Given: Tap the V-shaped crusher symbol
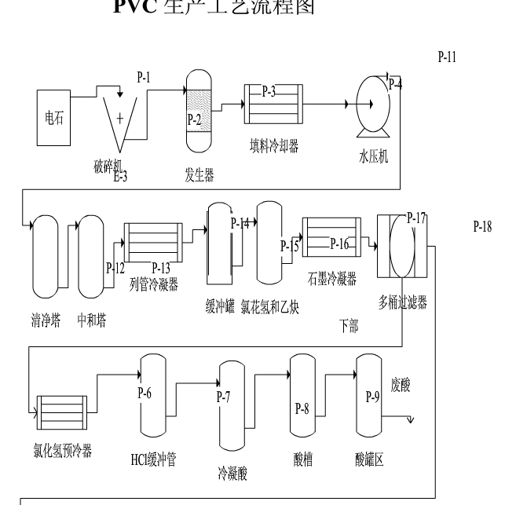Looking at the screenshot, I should tap(120, 122).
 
